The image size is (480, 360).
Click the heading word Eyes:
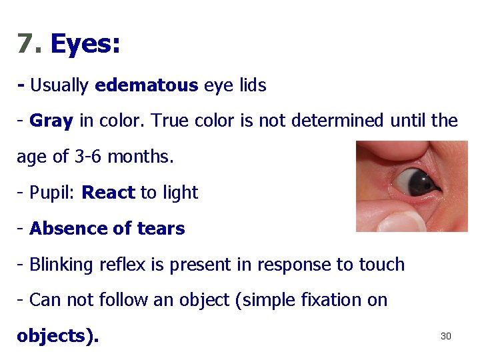[x=85, y=44]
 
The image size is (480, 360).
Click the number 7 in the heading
[x=25, y=44]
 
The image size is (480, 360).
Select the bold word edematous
[x=147, y=85]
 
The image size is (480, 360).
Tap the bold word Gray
[x=52, y=121]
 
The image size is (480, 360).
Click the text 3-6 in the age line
[x=84, y=157]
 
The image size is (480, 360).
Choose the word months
[x=140, y=157]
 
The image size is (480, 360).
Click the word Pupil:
[x=53, y=193]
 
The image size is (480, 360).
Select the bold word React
[x=108, y=193]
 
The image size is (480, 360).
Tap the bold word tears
[x=159, y=229]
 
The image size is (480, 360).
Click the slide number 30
[x=446, y=336]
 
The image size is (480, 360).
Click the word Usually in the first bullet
[x=59, y=85]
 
